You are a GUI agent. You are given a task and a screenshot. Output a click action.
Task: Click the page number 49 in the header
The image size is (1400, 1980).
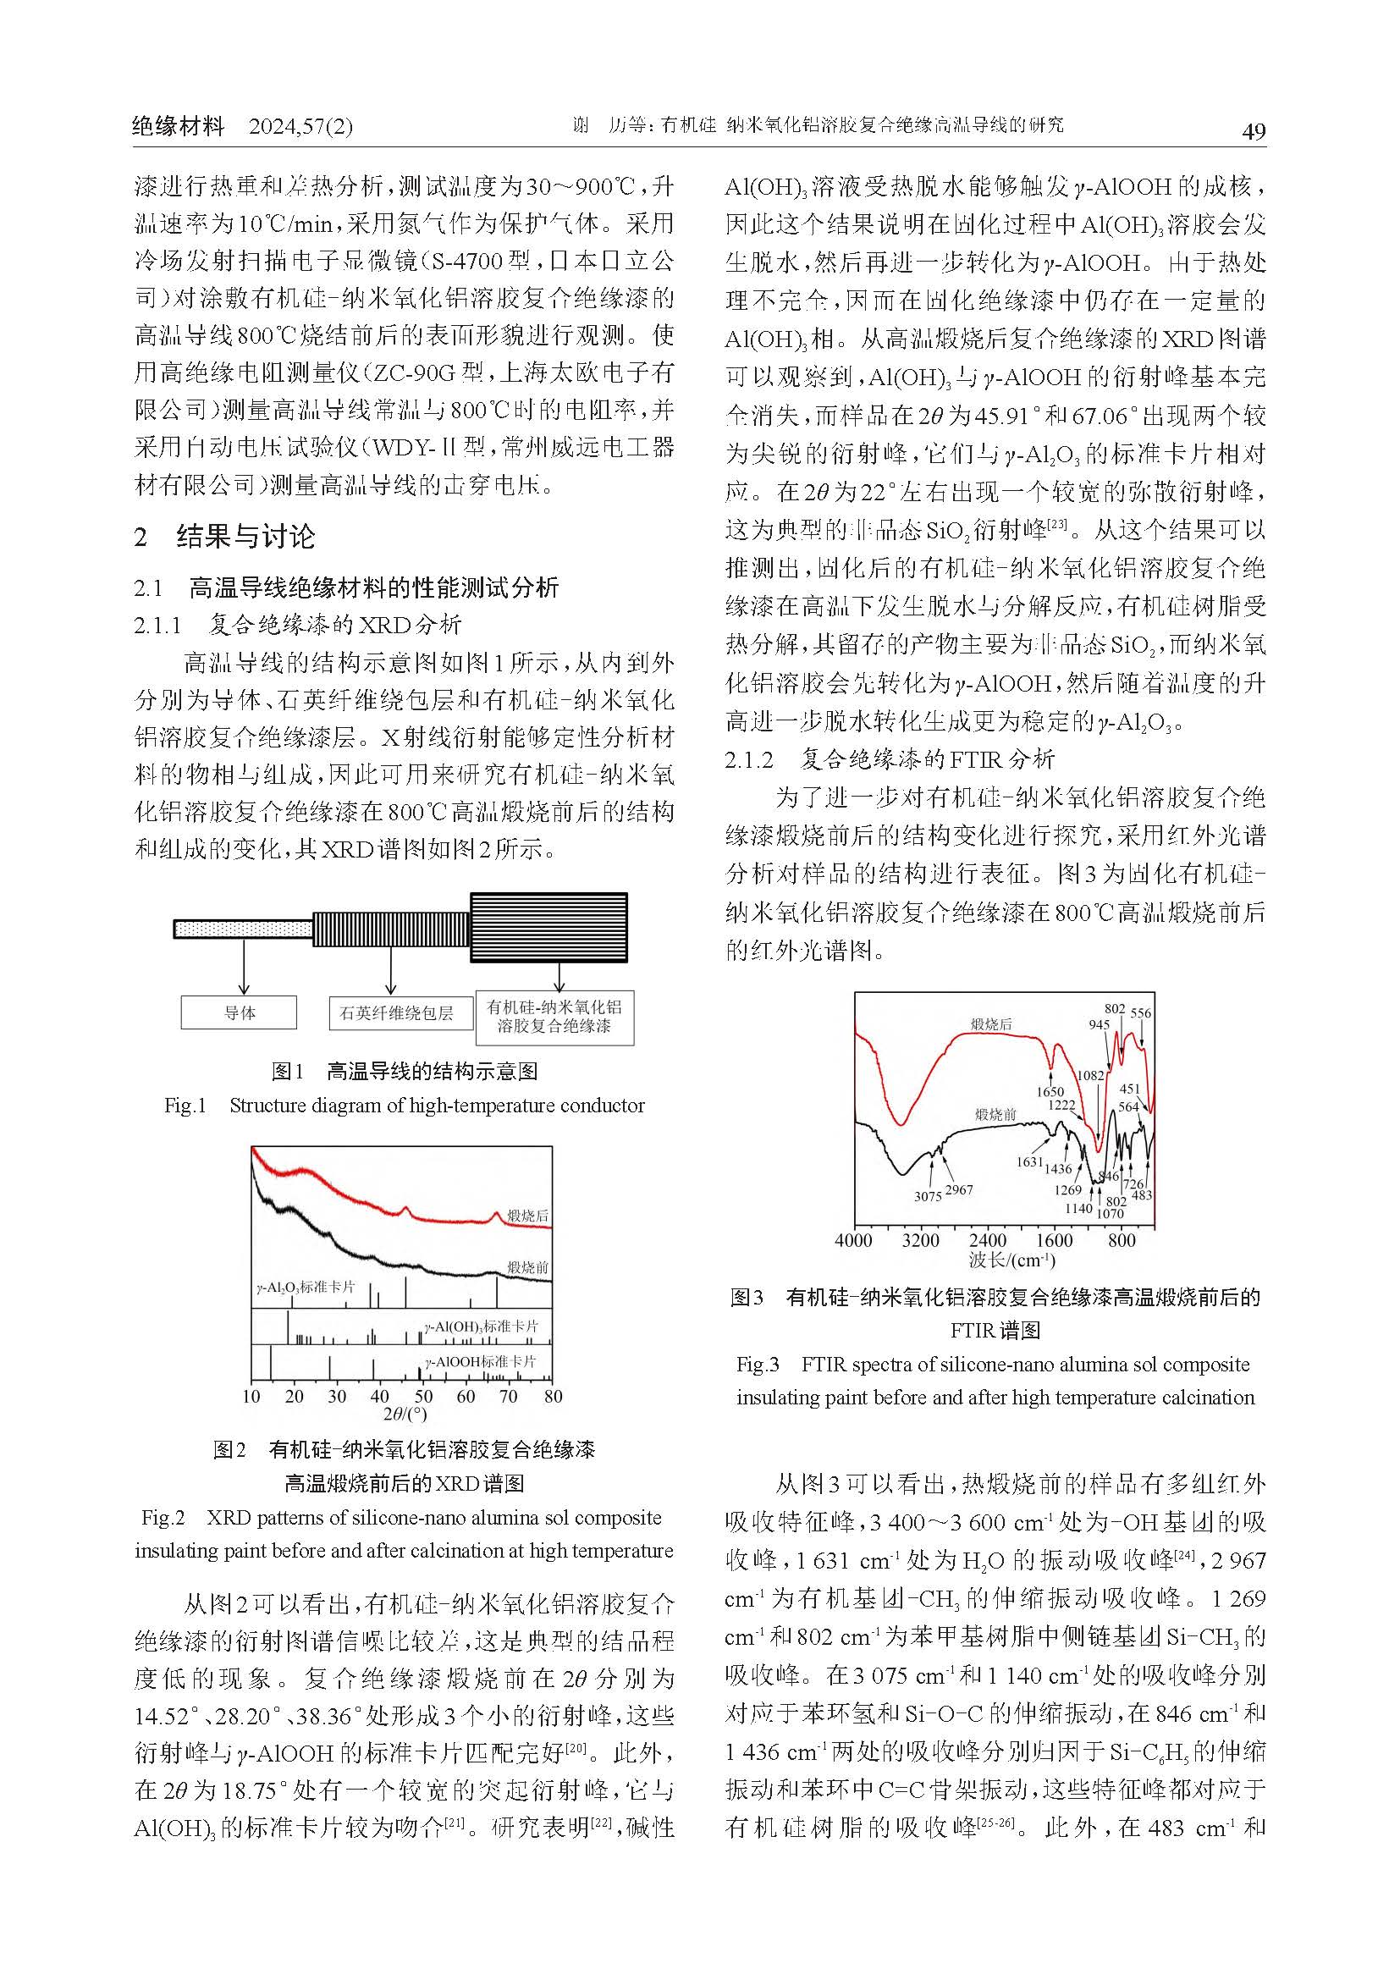[1253, 131]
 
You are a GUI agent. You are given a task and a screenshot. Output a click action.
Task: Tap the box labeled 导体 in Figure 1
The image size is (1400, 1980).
[239, 1012]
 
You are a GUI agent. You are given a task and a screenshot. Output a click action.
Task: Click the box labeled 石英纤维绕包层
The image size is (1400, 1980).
[401, 1013]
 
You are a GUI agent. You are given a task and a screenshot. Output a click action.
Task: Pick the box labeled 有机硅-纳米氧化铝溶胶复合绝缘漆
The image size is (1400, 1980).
[554, 1017]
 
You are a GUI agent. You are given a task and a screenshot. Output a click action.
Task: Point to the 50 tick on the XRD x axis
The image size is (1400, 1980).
[423, 1396]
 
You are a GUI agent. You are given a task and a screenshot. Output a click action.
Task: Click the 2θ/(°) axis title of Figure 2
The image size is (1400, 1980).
[405, 1414]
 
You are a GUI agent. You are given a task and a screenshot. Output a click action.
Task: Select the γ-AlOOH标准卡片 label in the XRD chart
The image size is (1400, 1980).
[481, 1362]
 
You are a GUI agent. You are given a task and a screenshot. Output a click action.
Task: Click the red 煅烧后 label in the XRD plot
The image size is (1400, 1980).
[527, 1216]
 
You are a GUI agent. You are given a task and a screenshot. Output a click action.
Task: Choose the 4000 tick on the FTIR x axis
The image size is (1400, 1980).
[853, 1241]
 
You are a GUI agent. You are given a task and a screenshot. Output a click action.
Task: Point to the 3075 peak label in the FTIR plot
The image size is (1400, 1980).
[928, 1196]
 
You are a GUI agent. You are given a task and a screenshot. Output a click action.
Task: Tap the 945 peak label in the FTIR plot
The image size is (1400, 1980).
[1099, 1024]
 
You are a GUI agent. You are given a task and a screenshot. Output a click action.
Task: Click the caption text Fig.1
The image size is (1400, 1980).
[185, 1106]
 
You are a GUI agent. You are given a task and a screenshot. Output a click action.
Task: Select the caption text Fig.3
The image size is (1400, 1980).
[757, 1365]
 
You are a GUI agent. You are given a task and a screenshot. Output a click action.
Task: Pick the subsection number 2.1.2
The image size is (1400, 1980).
[749, 758]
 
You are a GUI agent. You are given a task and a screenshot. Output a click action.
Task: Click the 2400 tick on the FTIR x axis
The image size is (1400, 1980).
[987, 1241]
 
